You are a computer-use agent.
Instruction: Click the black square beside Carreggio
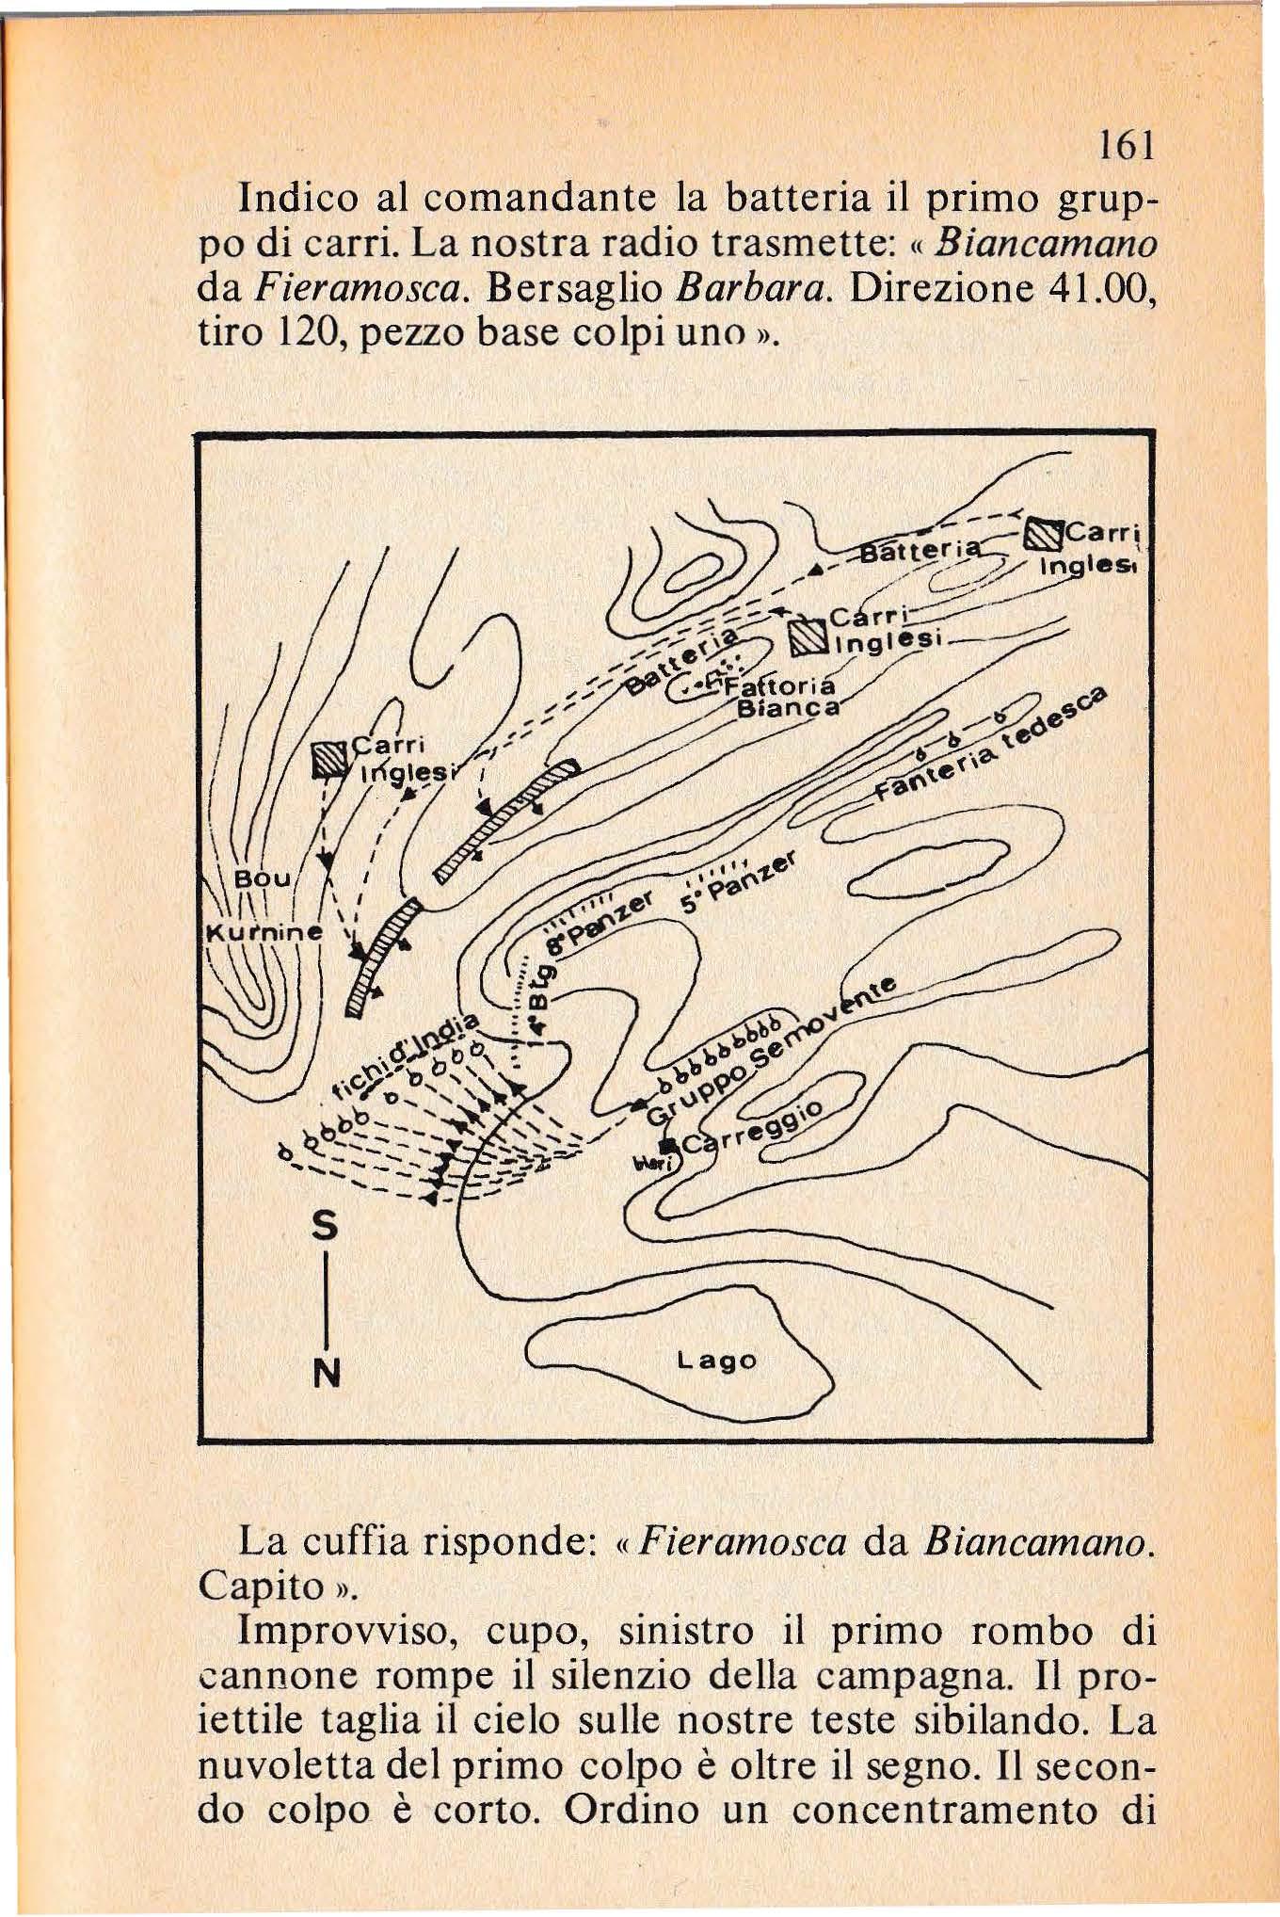(x=668, y=1145)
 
